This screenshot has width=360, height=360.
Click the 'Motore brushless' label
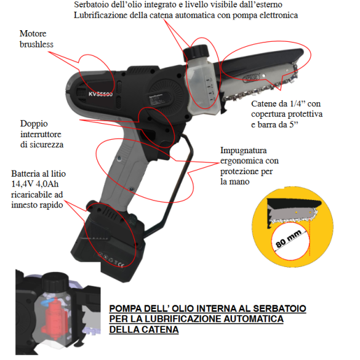(x=36, y=38)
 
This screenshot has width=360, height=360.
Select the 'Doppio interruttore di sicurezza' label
(x=41, y=134)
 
